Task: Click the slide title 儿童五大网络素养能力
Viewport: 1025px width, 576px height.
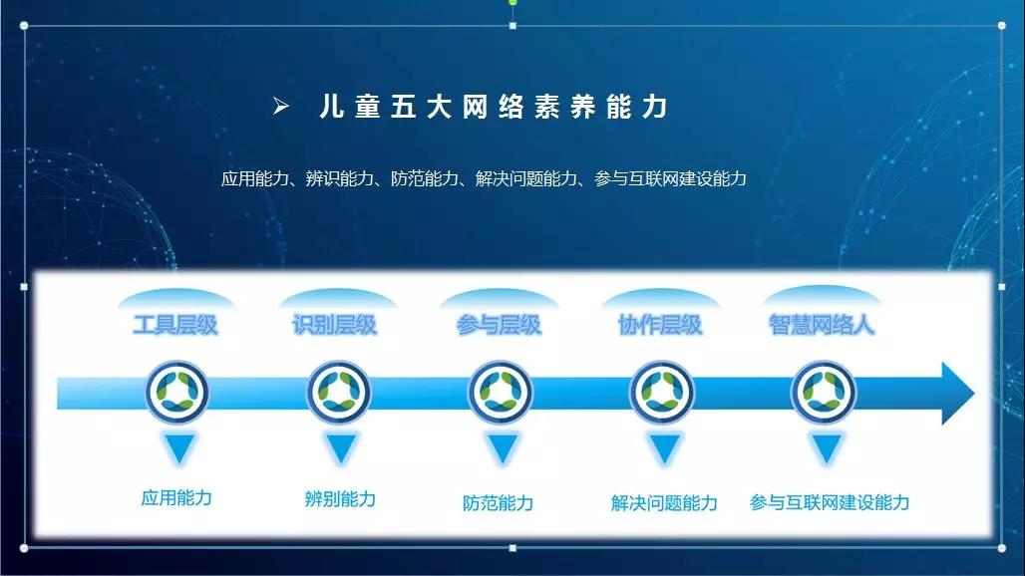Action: (x=494, y=107)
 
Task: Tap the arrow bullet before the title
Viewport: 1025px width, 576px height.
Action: (x=281, y=106)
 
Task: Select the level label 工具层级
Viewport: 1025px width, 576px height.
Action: (x=175, y=325)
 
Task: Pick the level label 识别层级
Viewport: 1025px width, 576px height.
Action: (x=335, y=325)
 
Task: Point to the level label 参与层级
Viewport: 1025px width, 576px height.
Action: (x=499, y=325)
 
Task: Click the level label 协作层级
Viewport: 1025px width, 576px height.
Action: (x=660, y=325)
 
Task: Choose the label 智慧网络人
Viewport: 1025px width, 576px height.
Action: (x=821, y=325)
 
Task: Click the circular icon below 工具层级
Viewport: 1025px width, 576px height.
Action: (x=177, y=392)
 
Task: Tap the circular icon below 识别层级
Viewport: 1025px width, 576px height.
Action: (x=339, y=392)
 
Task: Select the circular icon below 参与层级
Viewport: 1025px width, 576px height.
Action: (x=501, y=392)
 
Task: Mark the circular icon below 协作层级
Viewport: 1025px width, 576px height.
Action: (x=661, y=392)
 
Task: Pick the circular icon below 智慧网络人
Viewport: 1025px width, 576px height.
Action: (x=823, y=392)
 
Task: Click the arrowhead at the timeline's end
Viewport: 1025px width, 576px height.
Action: (x=957, y=394)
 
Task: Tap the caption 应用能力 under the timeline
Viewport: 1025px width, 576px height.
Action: (x=176, y=497)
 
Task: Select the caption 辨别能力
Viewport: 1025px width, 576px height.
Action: (x=340, y=499)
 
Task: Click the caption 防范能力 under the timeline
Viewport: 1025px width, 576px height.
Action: (x=499, y=503)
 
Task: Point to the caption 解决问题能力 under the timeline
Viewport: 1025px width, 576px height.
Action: (x=664, y=503)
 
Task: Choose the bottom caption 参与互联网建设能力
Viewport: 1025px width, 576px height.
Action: (x=830, y=502)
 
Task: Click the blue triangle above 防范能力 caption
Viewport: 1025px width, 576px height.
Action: (x=503, y=448)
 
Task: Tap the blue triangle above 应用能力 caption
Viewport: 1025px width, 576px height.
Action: (x=179, y=448)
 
